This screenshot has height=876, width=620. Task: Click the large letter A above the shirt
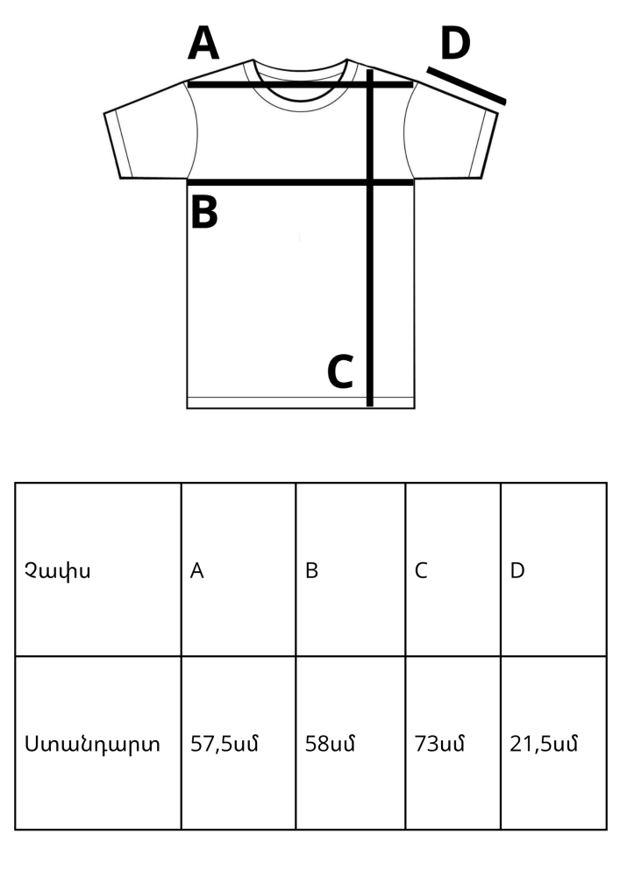tap(203, 44)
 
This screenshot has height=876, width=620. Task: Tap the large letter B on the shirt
tap(204, 212)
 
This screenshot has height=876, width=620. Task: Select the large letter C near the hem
tap(340, 371)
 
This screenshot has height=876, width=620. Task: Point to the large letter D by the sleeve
tap(455, 44)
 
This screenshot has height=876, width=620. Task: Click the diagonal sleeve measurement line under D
tap(467, 86)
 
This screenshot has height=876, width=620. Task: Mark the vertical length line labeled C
tap(369, 238)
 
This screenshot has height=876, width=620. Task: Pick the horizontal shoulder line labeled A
tap(300, 85)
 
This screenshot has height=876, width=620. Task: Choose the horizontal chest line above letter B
tap(300, 182)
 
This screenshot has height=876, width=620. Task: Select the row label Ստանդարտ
tap(92, 744)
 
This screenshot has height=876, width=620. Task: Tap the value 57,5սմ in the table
tap(224, 744)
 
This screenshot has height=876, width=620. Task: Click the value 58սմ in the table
tap(330, 744)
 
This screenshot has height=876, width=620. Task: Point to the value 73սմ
tap(439, 744)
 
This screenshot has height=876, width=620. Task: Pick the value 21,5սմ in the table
tap(544, 744)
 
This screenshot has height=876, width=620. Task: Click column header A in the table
tap(196, 570)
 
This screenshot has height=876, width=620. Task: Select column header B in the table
tap(311, 570)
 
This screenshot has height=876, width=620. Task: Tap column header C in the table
tap(421, 570)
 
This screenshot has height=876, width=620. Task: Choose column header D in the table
tap(517, 570)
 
